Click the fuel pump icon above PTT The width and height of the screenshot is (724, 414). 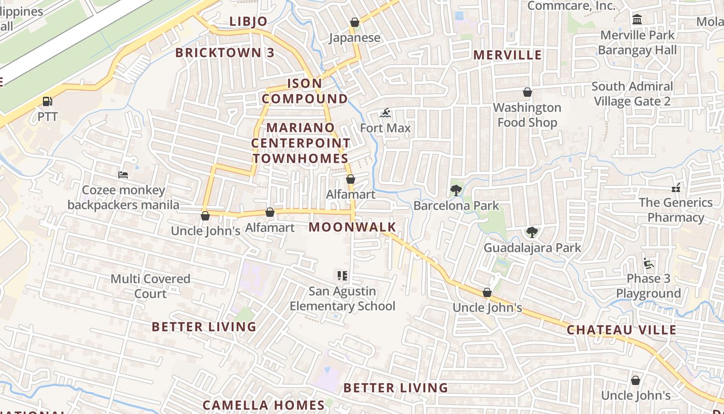[47, 101]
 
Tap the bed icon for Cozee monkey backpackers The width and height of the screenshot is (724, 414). [123, 175]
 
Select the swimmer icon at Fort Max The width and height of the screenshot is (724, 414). [385, 113]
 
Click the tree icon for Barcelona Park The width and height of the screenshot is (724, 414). [456, 190]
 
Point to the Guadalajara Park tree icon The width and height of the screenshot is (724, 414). [532, 232]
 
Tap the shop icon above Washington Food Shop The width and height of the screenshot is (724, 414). [527, 93]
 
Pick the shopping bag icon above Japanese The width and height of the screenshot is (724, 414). [355, 22]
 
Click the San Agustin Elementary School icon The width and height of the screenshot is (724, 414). [342, 276]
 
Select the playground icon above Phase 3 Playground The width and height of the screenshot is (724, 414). [648, 263]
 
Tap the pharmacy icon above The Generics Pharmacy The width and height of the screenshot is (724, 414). [675, 187]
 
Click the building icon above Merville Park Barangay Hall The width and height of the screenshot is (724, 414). [637, 20]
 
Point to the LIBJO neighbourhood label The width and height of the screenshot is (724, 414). [248, 21]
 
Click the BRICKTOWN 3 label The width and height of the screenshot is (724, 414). [225, 53]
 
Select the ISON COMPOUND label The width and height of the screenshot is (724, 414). [305, 91]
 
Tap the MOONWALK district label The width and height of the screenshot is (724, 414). [352, 227]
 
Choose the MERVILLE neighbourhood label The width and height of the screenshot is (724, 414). [507, 55]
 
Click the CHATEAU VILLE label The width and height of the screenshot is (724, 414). [621, 330]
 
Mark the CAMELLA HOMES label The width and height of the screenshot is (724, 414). [263, 405]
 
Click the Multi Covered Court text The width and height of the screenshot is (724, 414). [150, 286]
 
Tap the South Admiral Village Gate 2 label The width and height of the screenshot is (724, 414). [632, 94]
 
